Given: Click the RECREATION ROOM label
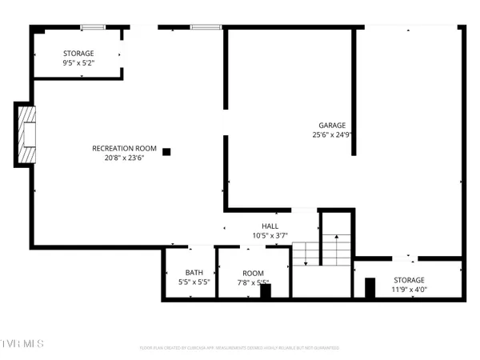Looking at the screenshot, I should click(124, 148).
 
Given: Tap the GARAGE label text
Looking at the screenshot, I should click(332, 125).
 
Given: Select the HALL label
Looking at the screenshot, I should click(270, 226).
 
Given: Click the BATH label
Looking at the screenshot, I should click(194, 273).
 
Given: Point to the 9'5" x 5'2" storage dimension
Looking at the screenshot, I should click(78, 62).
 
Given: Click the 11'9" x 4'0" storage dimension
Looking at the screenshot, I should click(408, 290).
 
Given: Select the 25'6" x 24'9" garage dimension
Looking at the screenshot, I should click(332, 134).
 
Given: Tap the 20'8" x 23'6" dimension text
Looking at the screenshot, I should click(124, 158).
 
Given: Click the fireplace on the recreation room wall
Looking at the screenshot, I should click(26, 134).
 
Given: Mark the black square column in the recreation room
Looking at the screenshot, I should click(166, 151).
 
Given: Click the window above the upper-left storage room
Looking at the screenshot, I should click(92, 28).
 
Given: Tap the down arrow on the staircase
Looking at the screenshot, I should click(305, 256).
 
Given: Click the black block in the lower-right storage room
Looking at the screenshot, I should click(370, 286).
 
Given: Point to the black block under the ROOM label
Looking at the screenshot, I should click(265, 291).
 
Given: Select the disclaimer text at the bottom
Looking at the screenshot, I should click(240, 348).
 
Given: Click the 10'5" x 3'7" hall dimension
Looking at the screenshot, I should click(270, 235).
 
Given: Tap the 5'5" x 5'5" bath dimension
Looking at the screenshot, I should click(194, 282).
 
